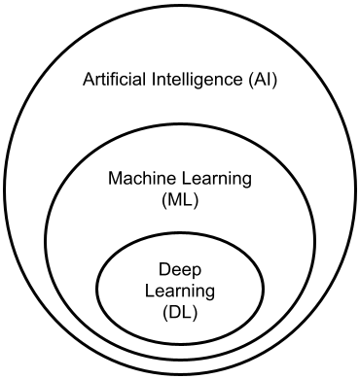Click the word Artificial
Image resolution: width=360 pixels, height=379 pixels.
[x=113, y=80]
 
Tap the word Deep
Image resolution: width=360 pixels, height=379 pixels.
[x=180, y=269]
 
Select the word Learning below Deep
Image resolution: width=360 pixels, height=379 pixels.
[x=180, y=291]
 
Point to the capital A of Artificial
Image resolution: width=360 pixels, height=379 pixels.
[x=89, y=80]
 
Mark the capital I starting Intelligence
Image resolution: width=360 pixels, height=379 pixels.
[x=151, y=80]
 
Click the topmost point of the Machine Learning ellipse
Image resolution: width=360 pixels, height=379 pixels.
[x=180, y=135]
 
